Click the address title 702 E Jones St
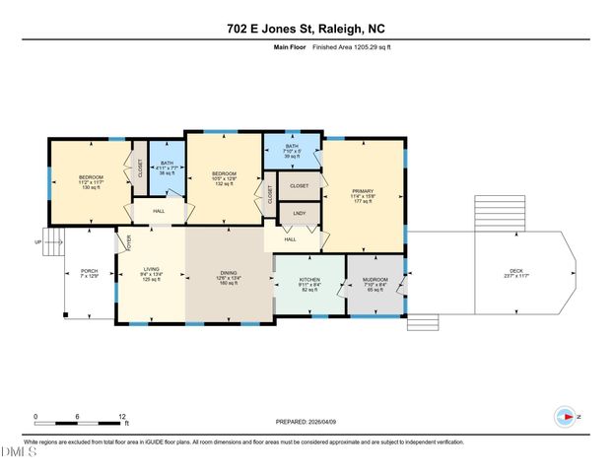click(x=306, y=29)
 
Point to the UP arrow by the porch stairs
click(x=38, y=241)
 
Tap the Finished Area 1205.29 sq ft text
click(x=353, y=46)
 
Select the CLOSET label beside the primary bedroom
click(x=299, y=185)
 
